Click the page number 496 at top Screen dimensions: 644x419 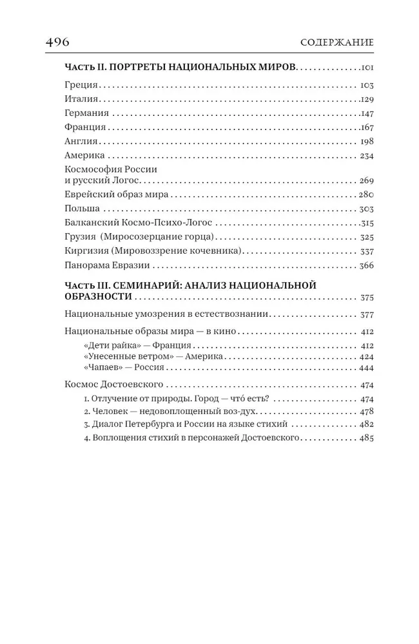(x=57, y=43)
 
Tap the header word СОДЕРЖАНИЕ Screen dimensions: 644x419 (x=337, y=44)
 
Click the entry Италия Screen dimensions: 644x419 (x=82, y=99)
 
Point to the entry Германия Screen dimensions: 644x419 (x=87, y=113)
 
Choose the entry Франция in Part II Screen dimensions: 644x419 (x=86, y=127)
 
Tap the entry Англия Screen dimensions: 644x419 (x=82, y=141)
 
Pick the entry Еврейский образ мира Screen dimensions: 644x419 (x=117, y=194)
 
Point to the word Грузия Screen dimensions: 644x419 (x=81, y=237)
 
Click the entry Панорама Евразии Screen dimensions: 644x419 (x=108, y=265)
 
